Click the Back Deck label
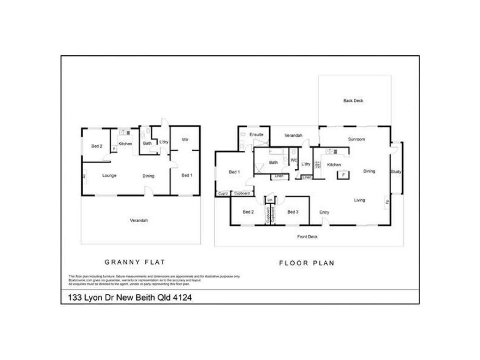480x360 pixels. (x=353, y=101)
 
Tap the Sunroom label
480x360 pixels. (x=356, y=139)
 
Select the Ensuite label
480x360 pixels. (x=257, y=134)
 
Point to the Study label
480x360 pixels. (x=395, y=172)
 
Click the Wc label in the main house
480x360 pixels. (x=293, y=160)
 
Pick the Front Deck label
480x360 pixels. (x=308, y=237)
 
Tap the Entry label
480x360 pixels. (x=324, y=212)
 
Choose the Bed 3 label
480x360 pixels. (x=293, y=212)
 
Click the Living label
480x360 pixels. (x=359, y=200)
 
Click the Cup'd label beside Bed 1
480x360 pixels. (x=223, y=193)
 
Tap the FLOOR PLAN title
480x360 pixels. (x=307, y=263)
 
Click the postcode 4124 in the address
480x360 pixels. (x=185, y=298)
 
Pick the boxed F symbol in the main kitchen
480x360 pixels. (x=343, y=175)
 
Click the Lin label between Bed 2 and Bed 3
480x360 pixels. (x=270, y=199)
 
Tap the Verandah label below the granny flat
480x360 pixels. (x=139, y=221)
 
